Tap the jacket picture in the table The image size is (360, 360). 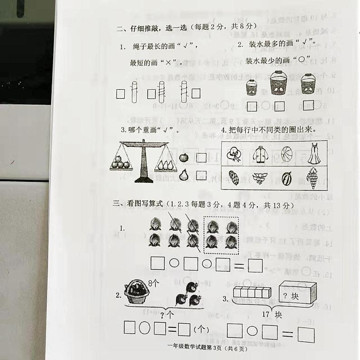260,154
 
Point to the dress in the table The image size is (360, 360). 313,154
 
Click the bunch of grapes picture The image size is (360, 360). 312,177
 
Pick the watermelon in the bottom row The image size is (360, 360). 287,178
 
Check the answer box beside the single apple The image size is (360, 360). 201,158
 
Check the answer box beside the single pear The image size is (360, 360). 201,175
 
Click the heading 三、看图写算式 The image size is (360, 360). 137,205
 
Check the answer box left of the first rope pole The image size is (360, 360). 121,94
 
